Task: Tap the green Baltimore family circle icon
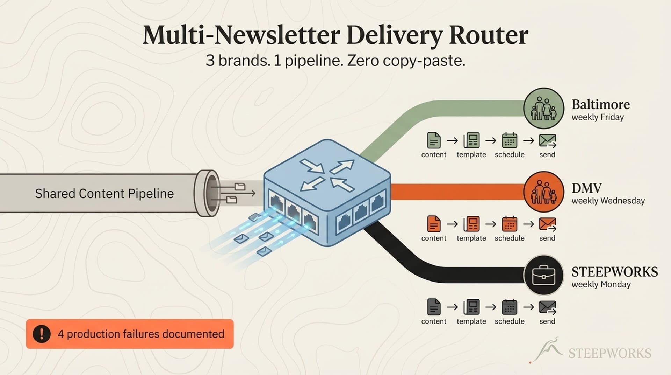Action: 543,109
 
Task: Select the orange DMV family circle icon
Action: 543,192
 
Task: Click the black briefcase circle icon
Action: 543,275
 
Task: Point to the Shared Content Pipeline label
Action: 104,194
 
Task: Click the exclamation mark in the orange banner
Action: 42,334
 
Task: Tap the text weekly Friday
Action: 598,117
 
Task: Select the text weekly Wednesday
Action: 608,201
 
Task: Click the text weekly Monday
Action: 601,284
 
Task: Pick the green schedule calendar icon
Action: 509,140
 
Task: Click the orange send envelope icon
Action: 547,224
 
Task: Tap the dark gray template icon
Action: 471,307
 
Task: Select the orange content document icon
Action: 434,224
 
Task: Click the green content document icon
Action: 434,140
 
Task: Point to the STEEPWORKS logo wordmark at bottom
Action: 609,353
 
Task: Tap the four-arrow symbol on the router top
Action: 327,175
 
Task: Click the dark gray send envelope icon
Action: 547,307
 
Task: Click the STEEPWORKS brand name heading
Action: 614,272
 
